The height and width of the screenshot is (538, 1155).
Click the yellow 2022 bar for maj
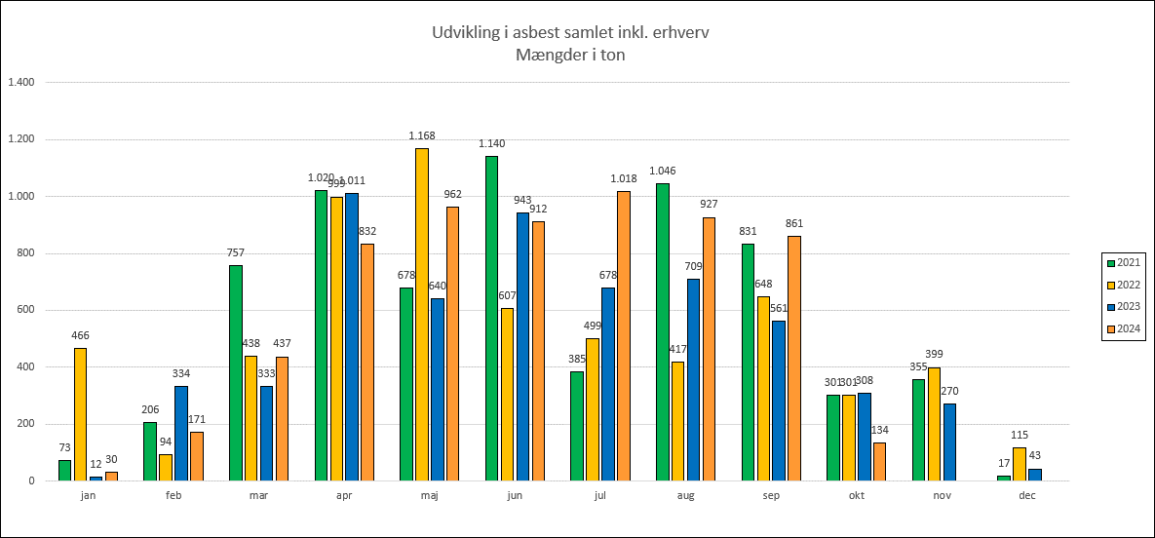click(422, 314)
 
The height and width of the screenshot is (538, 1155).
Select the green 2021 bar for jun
click(491, 318)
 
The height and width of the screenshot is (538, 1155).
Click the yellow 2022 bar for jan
click(80, 414)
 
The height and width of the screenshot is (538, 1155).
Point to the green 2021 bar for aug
click(663, 331)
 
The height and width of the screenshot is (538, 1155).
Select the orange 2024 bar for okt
click(880, 461)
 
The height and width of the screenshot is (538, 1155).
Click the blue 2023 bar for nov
click(949, 442)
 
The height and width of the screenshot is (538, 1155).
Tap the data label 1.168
click(422, 135)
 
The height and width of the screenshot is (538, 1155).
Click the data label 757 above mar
click(235, 252)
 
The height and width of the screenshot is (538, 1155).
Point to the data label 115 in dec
click(1019, 435)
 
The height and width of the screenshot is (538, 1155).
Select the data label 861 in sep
click(794, 223)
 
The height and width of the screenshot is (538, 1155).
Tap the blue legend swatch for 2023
click(1110, 306)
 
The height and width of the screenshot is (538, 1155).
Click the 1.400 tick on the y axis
click(20, 82)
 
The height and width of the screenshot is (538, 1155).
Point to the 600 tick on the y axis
click(24, 310)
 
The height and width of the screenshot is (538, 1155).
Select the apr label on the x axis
click(344, 495)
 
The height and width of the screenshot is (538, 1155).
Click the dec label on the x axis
click(1027, 495)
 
